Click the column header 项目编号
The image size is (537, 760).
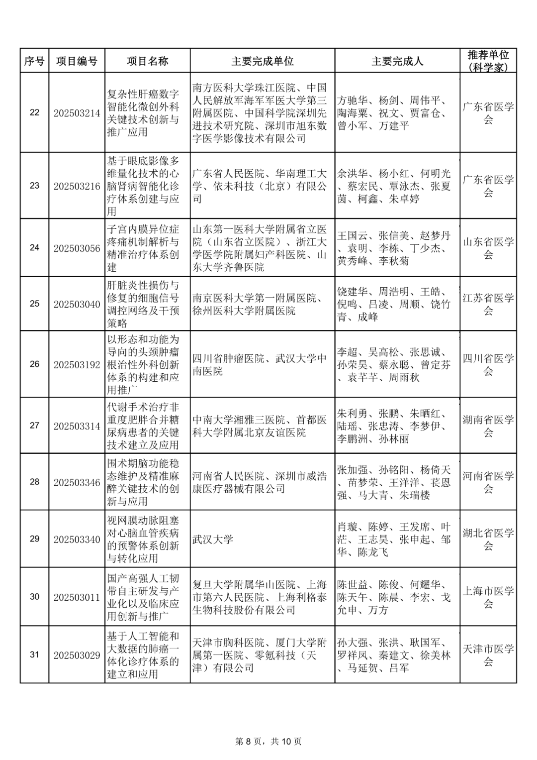pyautogui.click(x=77, y=61)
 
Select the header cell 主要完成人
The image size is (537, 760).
pyautogui.click(x=397, y=61)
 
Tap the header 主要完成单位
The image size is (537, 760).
pyautogui.click(x=262, y=61)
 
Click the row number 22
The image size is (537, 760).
pyautogui.click(x=34, y=112)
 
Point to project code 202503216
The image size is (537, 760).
pyautogui.click(x=77, y=186)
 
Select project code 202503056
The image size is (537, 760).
pyautogui.click(x=77, y=248)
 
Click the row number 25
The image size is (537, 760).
pyautogui.click(x=34, y=304)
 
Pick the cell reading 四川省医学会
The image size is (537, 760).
pyautogui.click(x=488, y=364)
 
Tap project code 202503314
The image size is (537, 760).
pyautogui.click(x=77, y=426)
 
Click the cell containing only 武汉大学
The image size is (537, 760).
pyautogui.click(x=213, y=540)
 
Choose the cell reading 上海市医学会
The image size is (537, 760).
pyautogui.click(x=488, y=597)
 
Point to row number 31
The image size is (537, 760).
pyautogui.click(x=34, y=655)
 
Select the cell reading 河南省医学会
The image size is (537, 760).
pyautogui.click(x=488, y=482)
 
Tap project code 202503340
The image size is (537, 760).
pyautogui.click(x=77, y=540)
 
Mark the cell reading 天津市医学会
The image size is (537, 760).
pyautogui.click(x=488, y=655)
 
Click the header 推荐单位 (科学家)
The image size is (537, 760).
pyautogui.click(x=488, y=61)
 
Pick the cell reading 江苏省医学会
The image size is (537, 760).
pyautogui.click(x=488, y=304)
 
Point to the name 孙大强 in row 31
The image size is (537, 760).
pyautogui.click(x=352, y=643)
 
